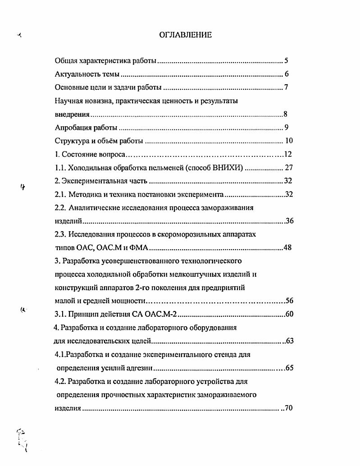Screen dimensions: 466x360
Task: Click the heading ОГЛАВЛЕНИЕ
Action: pos(185,35)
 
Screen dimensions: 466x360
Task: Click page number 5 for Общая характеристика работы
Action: pos(286,61)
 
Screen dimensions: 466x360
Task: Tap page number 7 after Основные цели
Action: pos(286,87)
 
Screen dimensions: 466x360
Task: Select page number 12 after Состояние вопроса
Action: pos(288,155)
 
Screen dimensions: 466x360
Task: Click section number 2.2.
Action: pos(60,208)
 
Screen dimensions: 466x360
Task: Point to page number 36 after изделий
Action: pos(290,221)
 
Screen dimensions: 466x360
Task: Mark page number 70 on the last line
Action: pos(289,408)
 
